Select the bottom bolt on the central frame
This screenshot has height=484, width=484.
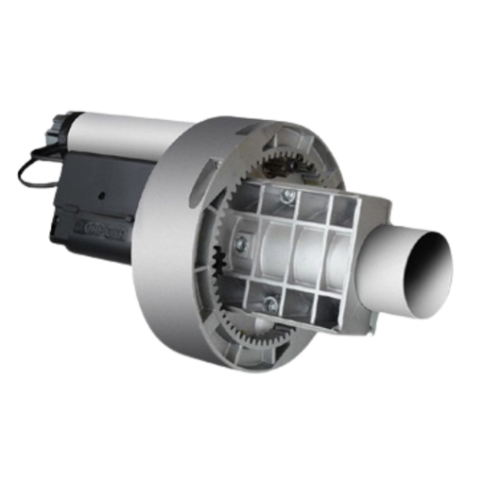(272, 303)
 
